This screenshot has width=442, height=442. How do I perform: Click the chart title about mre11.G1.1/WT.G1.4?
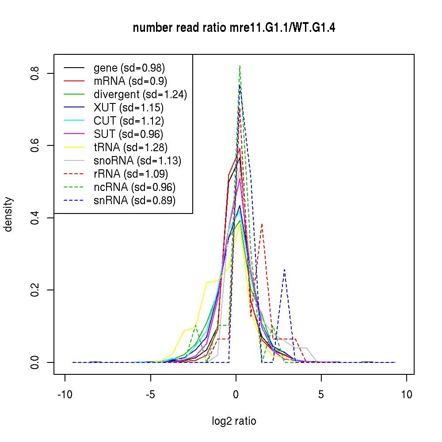coord(234,28)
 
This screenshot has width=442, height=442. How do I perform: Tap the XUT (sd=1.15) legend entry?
coord(128,108)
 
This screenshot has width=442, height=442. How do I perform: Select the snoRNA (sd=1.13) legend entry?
coord(137,161)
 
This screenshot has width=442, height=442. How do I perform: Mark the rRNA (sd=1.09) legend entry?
coord(131,174)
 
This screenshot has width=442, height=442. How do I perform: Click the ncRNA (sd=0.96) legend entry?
coord(134,187)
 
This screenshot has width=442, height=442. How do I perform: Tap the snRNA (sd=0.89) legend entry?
coord(134,201)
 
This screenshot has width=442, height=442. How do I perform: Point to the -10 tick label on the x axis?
coord(65,394)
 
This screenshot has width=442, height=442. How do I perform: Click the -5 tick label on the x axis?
coord(151,394)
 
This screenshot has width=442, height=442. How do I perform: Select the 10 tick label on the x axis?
coord(407,394)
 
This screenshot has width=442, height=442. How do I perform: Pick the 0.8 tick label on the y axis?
coord(35,73)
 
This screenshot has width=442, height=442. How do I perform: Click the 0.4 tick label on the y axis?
coord(35,218)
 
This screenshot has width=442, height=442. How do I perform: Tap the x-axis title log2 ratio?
coord(234,421)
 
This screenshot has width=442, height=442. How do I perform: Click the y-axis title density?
coord(8,214)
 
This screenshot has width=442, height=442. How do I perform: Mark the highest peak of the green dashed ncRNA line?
coord(240,66)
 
